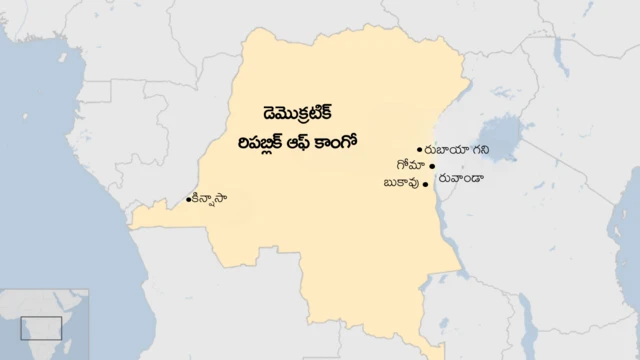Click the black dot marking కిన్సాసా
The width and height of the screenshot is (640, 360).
coord(189,201)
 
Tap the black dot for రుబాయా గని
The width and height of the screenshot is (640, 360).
coord(420,150)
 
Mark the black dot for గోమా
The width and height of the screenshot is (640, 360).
coord(432,167)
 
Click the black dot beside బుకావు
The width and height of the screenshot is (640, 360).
coord(426,185)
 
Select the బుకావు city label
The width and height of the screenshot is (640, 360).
coord(401,184)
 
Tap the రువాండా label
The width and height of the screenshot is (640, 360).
coord(461,178)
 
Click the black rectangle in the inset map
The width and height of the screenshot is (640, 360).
coord(41,327)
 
